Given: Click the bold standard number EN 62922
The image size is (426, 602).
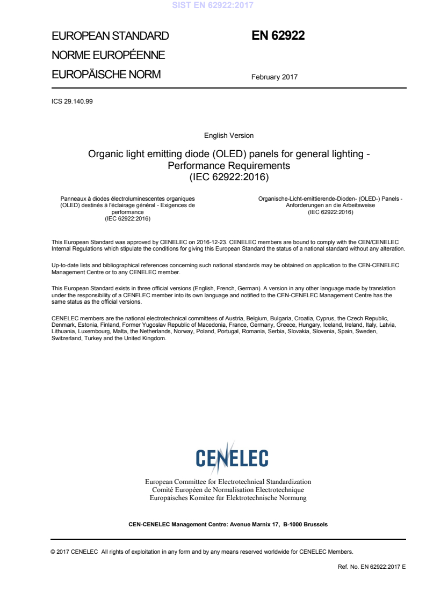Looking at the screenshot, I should click(278, 36).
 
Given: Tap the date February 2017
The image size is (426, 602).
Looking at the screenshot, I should click(274, 77).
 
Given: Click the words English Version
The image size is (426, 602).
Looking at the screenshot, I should click(229, 136).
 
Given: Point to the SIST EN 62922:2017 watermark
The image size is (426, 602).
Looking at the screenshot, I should click(213, 6).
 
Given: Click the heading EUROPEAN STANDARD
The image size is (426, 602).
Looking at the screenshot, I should click(110, 36).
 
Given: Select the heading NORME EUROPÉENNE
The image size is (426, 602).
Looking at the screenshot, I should click(108, 55).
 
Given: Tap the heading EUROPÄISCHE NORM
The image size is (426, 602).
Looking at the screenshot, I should click(106, 75).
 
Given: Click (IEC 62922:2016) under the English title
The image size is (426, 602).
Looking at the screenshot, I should click(229, 176).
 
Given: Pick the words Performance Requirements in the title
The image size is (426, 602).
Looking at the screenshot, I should click(229, 165).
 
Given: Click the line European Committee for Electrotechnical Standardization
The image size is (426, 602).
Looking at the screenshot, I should click(228, 482).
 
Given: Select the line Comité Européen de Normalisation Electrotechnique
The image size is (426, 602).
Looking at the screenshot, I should click(228, 490).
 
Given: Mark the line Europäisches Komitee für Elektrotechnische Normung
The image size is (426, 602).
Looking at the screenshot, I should click(228, 498).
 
